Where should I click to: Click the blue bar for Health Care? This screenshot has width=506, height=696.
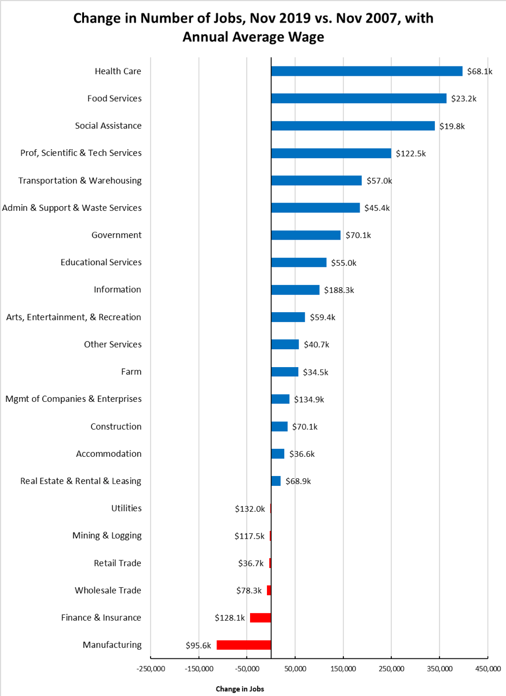pos(366,71)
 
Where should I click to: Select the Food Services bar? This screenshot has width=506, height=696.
pos(358,98)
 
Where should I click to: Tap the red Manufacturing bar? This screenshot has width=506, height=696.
pos(244,645)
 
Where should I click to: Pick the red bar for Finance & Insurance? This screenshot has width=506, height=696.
pos(260,618)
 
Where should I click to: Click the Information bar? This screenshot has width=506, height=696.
pos(295,290)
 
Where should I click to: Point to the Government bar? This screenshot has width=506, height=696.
pos(305,235)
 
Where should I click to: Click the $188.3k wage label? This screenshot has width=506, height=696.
pos(339,290)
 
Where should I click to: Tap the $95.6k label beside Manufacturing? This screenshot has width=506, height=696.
pos(197,646)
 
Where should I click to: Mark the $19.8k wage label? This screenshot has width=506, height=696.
pos(452,126)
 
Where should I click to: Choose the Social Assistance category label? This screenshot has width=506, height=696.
pos(108,126)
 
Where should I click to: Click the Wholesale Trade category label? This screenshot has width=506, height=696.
pos(108,591)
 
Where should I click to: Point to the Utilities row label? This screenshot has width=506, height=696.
pos(126,508)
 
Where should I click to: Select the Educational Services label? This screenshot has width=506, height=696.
pos(101,262)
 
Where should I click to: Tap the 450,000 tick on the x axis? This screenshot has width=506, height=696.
pos(487,669)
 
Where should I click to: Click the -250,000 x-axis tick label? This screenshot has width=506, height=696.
pos(151,669)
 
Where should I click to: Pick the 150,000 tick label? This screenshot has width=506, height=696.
pos(343,669)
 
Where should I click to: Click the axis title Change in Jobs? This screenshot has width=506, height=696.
pos(240,689)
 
